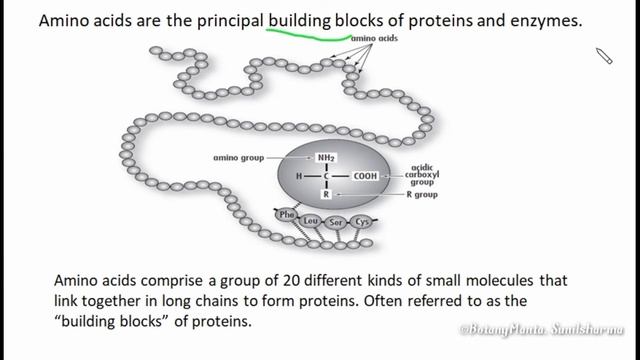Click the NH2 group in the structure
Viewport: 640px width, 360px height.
(326, 158)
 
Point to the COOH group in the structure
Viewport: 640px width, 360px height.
(364, 176)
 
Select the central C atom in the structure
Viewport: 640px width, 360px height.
(326, 176)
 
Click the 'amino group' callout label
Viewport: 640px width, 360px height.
(237, 158)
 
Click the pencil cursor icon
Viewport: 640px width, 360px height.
(604, 56)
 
